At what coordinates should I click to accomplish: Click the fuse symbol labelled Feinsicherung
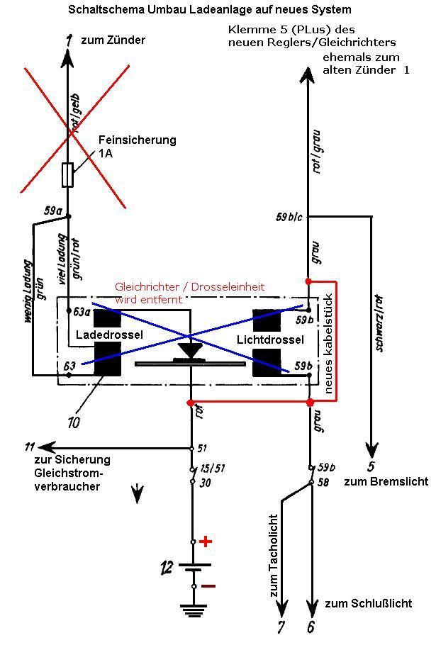[68, 175]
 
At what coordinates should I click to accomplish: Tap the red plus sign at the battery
[206, 542]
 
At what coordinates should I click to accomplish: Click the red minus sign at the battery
[208, 586]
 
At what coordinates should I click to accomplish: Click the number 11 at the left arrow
[29, 447]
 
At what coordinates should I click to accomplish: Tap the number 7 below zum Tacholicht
[281, 627]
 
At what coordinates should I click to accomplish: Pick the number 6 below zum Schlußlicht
[311, 627]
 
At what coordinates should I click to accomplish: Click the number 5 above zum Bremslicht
[371, 466]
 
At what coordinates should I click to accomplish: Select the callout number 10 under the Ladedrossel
[73, 422]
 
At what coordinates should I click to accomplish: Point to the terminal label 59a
[52, 210]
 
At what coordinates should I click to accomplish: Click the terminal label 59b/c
[289, 217]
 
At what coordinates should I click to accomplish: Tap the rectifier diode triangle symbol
[189, 351]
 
